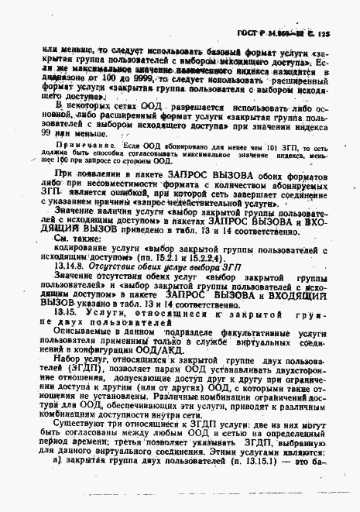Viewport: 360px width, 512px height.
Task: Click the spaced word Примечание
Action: (83, 145)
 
